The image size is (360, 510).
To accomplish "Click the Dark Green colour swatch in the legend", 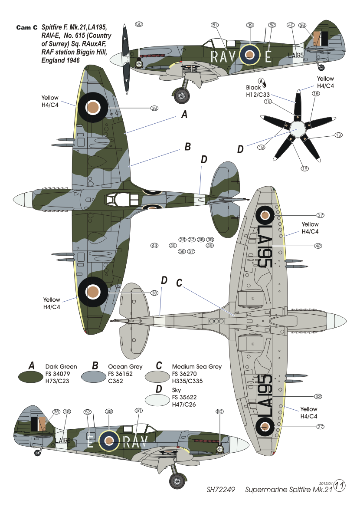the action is [x=30, y=377].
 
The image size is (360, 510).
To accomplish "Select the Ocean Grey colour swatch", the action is [x=94, y=377].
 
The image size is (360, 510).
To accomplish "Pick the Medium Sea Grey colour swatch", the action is [x=157, y=377].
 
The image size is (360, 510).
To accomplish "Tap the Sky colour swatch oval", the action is [x=157, y=400].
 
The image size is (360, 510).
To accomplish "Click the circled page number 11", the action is [x=339, y=486].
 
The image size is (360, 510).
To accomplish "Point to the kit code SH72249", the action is [x=221, y=490].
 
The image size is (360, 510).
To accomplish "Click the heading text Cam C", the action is [x=27, y=28].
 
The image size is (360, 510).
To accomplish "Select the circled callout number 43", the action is [x=154, y=245].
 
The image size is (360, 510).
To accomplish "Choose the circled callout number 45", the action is [x=173, y=245].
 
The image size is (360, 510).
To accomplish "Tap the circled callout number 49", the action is [x=210, y=245].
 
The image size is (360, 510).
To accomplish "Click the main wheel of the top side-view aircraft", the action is [x=182, y=95].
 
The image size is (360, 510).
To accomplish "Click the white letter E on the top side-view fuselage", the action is [x=268, y=56].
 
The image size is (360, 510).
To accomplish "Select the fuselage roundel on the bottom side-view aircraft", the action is [x=109, y=441].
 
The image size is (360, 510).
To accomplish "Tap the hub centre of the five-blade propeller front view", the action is [x=297, y=129].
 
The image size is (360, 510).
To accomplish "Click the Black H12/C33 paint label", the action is [x=258, y=91].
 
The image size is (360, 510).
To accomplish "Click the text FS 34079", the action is [x=58, y=374].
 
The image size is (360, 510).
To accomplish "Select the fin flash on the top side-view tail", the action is [x=321, y=39].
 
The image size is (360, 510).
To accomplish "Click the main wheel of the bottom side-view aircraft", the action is [x=177, y=480].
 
